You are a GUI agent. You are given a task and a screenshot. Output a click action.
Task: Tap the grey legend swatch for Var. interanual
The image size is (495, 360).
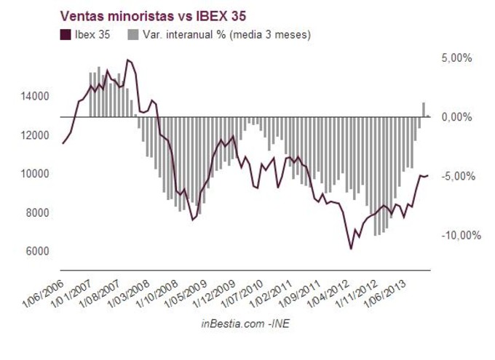pos(133,34)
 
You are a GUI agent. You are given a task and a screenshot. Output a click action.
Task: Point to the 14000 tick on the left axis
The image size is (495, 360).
pos(34,96)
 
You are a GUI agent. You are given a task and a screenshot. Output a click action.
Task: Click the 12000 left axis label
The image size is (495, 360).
pos(34,135)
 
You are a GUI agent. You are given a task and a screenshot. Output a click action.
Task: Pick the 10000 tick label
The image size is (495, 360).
pos(34,174)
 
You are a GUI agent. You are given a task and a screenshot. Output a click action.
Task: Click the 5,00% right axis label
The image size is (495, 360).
pos(457,57)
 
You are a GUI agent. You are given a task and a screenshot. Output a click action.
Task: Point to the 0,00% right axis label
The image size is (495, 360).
pos(457,116)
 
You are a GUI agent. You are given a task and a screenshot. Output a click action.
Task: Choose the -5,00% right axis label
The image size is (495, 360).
pos(456,176)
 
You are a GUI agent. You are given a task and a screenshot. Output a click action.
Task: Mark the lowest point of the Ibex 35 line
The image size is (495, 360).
pos(351,249)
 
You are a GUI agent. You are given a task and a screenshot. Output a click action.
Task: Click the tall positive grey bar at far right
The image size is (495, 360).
pos(424,109)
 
